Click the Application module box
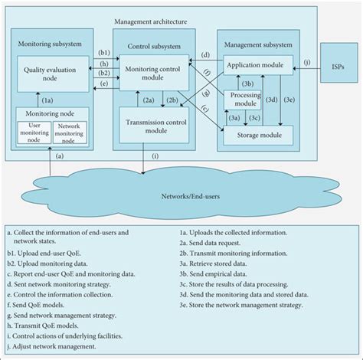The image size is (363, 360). [x=257, y=67]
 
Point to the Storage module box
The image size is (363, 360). [x=257, y=135]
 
